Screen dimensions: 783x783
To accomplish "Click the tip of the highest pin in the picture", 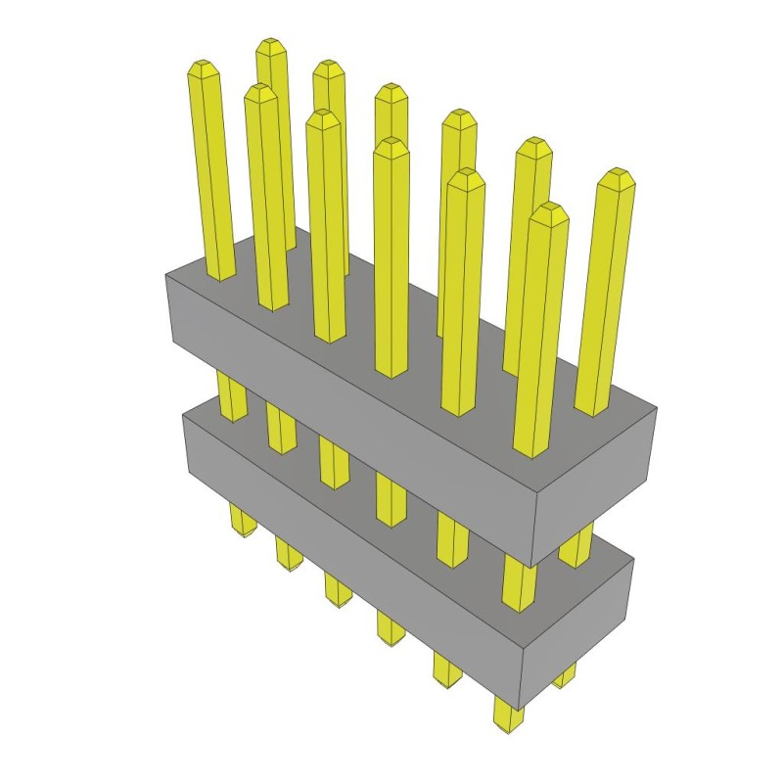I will pyautogui.click(x=271, y=44).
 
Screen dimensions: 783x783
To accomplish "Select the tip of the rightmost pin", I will pyautogui.click(x=615, y=174).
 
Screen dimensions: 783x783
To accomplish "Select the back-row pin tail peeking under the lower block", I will pyautogui.click(x=565, y=674).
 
